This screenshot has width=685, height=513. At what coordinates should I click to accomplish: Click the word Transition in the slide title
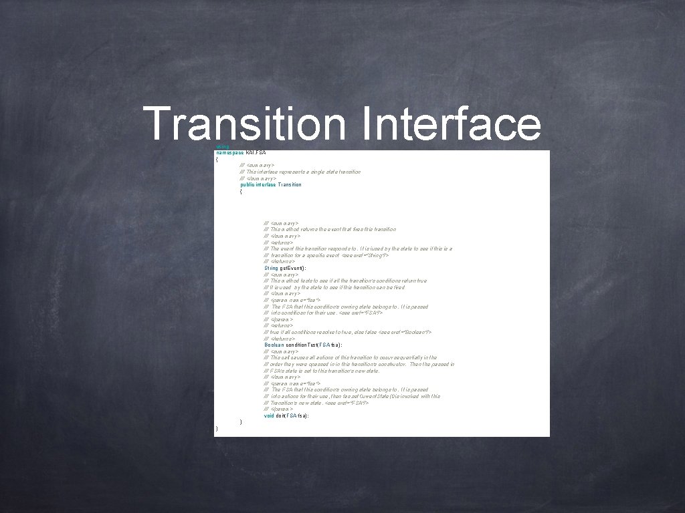click(245, 124)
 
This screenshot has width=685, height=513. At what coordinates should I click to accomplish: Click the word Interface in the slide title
click(450, 124)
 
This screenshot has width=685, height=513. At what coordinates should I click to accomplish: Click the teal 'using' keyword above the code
click(223, 146)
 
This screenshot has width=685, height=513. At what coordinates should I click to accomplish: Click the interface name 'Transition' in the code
click(289, 184)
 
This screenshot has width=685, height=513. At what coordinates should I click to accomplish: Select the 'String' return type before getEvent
click(271, 268)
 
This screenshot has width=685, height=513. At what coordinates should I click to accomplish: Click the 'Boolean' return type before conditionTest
click(274, 345)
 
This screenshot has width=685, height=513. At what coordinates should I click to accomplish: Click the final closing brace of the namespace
click(217, 428)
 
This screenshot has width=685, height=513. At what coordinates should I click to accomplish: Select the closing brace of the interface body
click(241, 422)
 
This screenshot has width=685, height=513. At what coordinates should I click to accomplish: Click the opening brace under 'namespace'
click(217, 159)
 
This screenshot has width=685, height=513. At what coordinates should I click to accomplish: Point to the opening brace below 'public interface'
click(241, 191)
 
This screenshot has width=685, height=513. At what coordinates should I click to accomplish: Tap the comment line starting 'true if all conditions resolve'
click(348, 332)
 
